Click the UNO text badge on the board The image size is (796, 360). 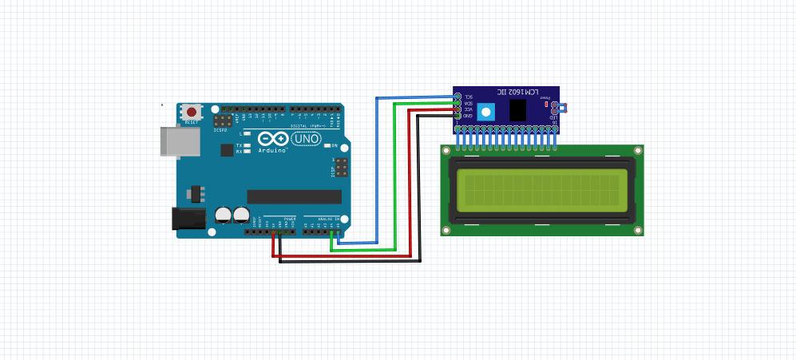point(307,139)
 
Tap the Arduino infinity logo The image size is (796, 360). point(272,139)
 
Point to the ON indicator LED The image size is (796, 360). point(324,145)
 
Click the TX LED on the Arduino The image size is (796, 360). point(248,145)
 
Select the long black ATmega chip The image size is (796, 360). point(294,196)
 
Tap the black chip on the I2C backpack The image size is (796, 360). point(517,109)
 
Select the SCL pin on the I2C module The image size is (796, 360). point(457,97)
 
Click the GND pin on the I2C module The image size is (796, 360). point(457,116)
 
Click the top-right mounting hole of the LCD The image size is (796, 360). point(638,150)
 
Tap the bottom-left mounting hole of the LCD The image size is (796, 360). point(446,230)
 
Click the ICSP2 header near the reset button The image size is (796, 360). point(223,121)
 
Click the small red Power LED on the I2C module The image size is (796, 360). point(546,104)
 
